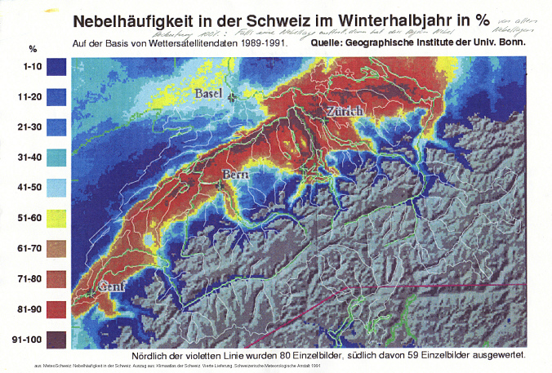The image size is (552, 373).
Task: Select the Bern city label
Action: click(x=237, y=174)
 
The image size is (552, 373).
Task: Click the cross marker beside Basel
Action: click(x=233, y=97)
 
